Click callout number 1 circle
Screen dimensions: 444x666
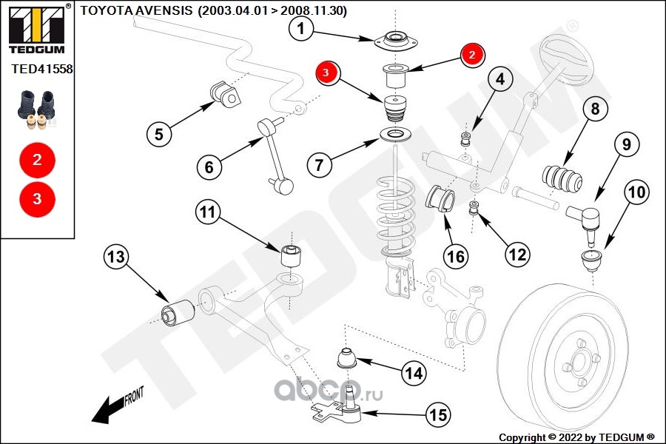coord(301,30)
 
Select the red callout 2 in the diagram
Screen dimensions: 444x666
coord(472,54)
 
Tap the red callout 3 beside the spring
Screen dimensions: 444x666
coord(327,73)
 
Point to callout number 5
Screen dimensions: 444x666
coord(159,134)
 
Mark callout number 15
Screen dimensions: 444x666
coord(439,415)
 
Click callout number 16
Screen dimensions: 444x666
coord(456,257)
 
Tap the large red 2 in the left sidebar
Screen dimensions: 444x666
coord(37,158)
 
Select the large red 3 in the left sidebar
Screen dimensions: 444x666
coord(37,198)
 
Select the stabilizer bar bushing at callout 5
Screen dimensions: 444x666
coord(225,92)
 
